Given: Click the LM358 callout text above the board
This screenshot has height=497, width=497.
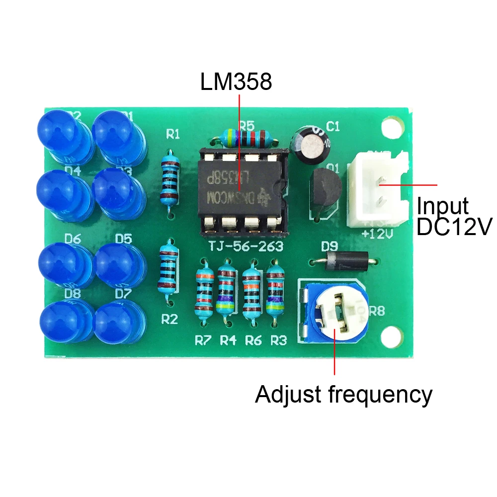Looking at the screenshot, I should click(x=236, y=82).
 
